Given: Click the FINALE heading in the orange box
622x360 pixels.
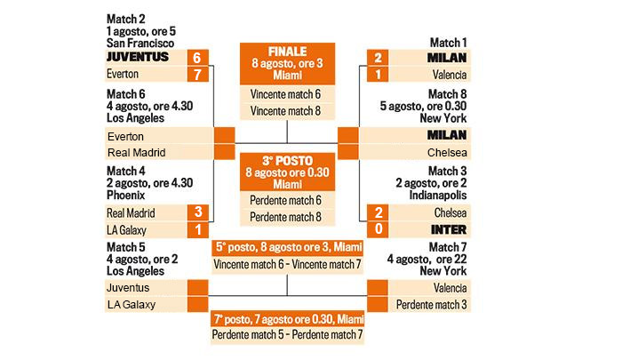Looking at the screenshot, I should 285,52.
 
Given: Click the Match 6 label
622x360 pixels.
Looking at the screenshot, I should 126,93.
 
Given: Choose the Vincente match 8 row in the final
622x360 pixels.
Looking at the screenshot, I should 285,111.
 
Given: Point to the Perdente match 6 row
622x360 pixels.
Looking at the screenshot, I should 285,200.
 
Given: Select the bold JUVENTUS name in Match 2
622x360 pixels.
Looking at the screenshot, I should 139,57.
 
